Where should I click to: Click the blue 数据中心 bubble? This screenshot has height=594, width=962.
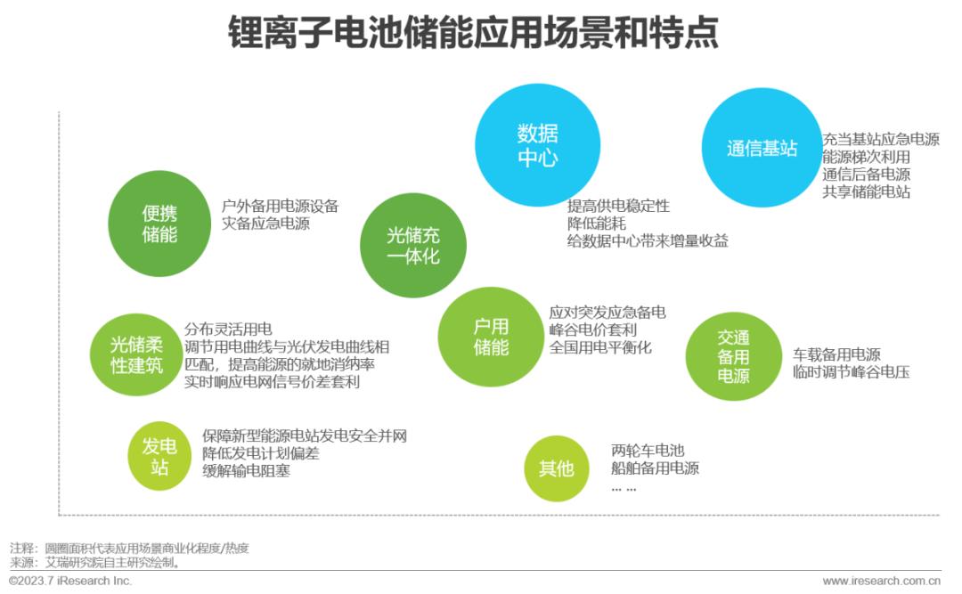(x=537, y=145)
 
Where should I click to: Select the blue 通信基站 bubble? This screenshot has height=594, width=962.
(x=762, y=148)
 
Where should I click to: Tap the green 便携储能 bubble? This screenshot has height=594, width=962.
(x=159, y=224)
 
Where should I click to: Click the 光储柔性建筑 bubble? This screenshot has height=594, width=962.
(x=136, y=354)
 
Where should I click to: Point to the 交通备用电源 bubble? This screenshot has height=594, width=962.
(x=733, y=356)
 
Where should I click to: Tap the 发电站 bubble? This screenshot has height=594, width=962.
(x=159, y=456)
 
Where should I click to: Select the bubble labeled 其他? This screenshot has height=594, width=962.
(x=556, y=468)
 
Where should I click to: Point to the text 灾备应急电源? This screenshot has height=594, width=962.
(x=265, y=224)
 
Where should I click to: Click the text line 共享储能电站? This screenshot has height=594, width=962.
(x=866, y=191)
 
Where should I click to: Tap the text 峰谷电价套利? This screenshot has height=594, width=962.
(x=593, y=330)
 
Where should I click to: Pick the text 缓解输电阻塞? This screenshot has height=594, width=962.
(x=246, y=471)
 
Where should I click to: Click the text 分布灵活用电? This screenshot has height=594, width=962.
(x=228, y=329)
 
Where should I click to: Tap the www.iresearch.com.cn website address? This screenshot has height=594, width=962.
(x=881, y=581)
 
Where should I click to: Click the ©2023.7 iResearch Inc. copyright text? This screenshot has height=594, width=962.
(x=70, y=581)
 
